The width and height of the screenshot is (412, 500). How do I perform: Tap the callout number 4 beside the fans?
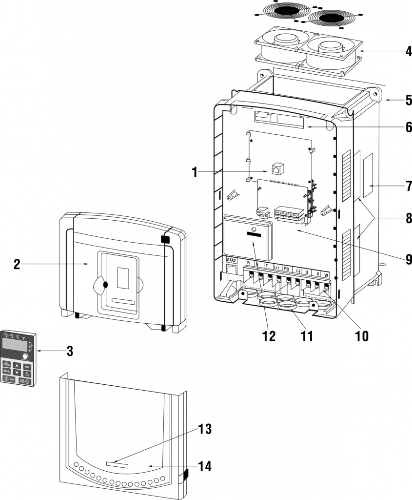click(408, 51)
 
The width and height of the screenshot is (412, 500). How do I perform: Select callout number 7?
click(409, 186)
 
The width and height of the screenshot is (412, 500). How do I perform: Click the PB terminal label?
click(287, 268)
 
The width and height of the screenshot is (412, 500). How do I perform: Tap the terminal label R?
click(248, 264)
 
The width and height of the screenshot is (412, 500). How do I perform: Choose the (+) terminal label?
click(277, 267)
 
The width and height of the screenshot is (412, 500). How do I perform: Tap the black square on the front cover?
click(164, 239)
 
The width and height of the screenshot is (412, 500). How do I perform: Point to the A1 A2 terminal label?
click(231, 260)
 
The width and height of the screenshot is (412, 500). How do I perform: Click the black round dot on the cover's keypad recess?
click(105, 284)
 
